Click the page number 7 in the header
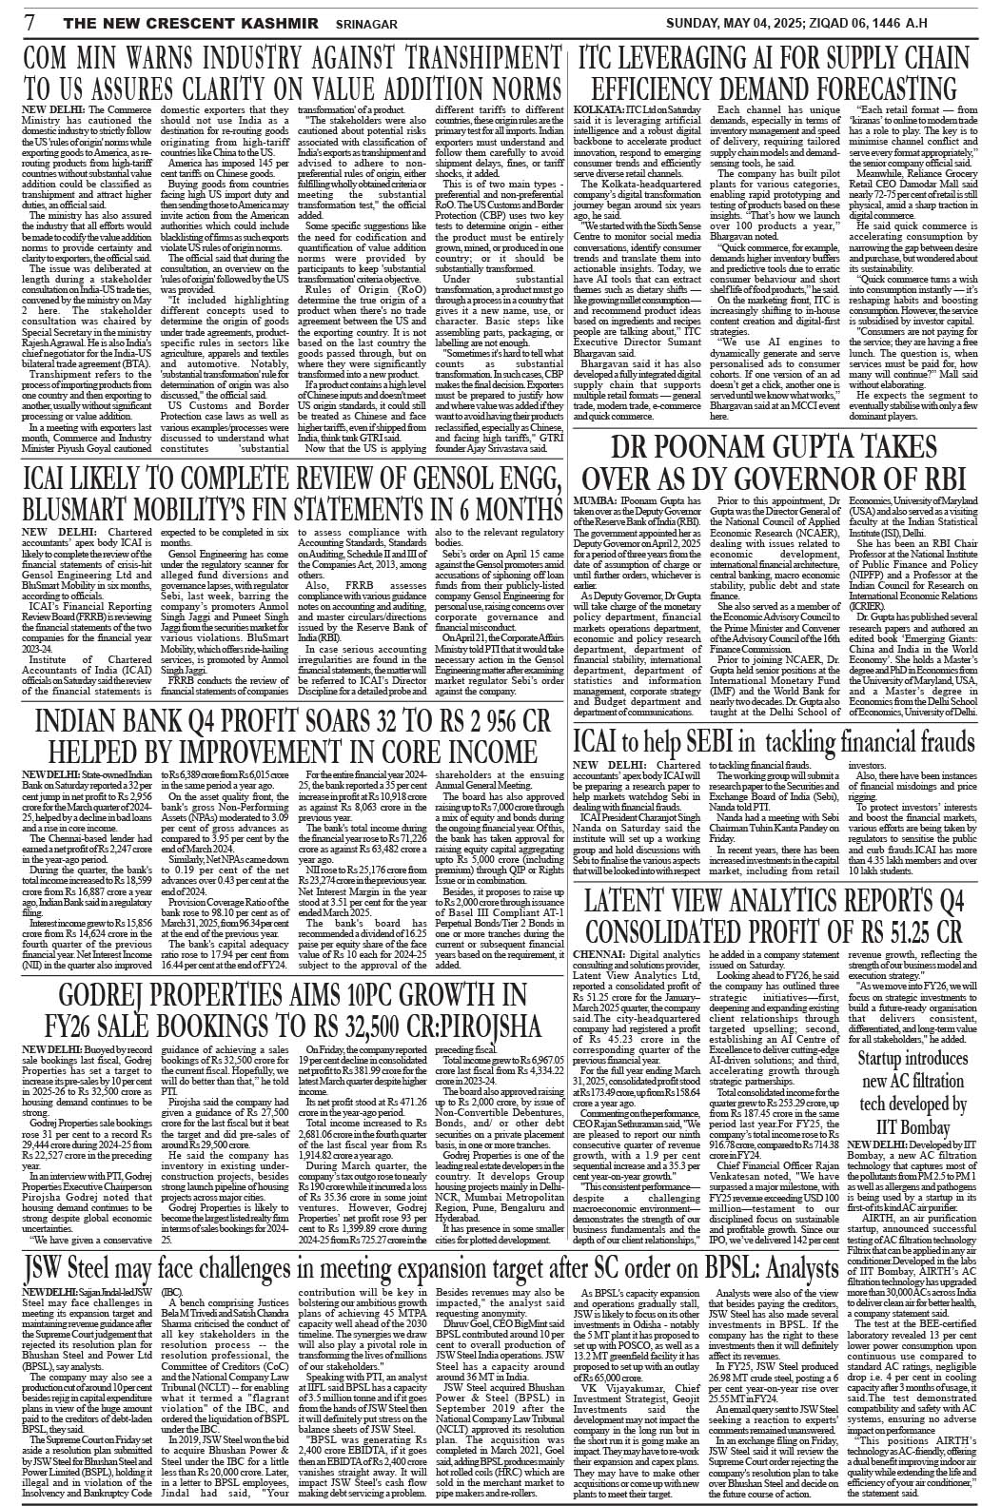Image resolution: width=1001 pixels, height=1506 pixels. (x=30, y=20)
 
